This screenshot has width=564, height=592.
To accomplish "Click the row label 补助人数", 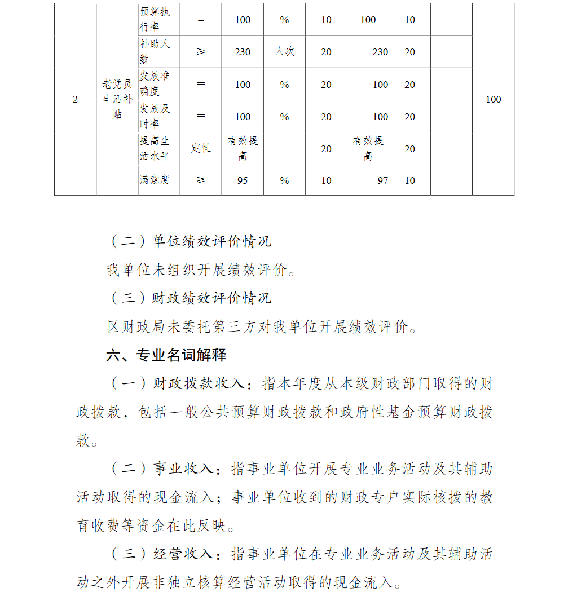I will (x=155, y=51).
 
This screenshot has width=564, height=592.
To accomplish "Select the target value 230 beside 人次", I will (x=243, y=52).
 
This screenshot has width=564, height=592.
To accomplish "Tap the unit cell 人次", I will (x=284, y=52).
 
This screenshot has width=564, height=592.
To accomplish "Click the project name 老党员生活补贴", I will (x=117, y=99).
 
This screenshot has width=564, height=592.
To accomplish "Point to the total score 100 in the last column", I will (x=493, y=100).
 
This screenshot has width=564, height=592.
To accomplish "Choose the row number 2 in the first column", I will (x=76, y=100).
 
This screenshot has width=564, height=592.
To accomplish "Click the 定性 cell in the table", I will (x=201, y=148).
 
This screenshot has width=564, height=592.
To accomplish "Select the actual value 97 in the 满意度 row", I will (x=382, y=180).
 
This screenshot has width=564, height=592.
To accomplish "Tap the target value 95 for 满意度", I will (x=243, y=180).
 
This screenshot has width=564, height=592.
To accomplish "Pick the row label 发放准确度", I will (x=155, y=83).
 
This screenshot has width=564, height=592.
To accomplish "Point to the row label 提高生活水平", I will (x=155, y=148).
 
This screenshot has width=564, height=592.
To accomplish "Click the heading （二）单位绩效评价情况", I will (x=190, y=242).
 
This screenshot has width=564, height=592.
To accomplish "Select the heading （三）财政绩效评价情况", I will (x=190, y=298).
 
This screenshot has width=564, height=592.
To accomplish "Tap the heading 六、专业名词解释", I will (x=166, y=355).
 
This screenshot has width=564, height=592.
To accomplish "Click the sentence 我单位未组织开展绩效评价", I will (x=200, y=270).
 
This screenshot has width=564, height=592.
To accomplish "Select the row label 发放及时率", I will (x=155, y=116).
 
